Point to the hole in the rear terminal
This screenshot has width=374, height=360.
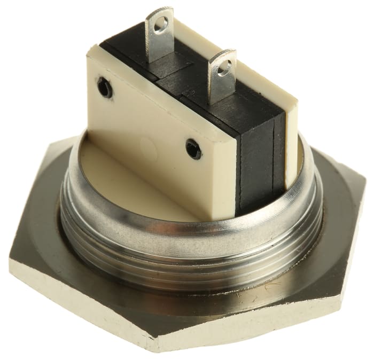point(162,23)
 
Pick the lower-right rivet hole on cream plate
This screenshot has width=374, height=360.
point(193,149)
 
